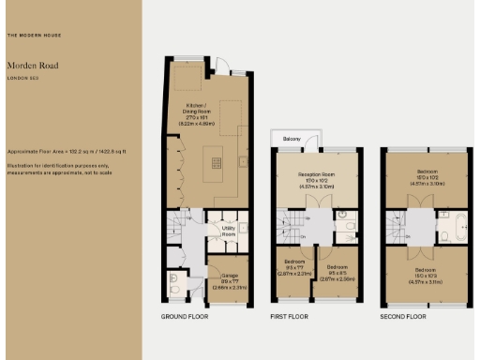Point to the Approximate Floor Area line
(66, 151)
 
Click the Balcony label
(292, 140)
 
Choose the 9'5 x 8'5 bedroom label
(337, 273)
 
